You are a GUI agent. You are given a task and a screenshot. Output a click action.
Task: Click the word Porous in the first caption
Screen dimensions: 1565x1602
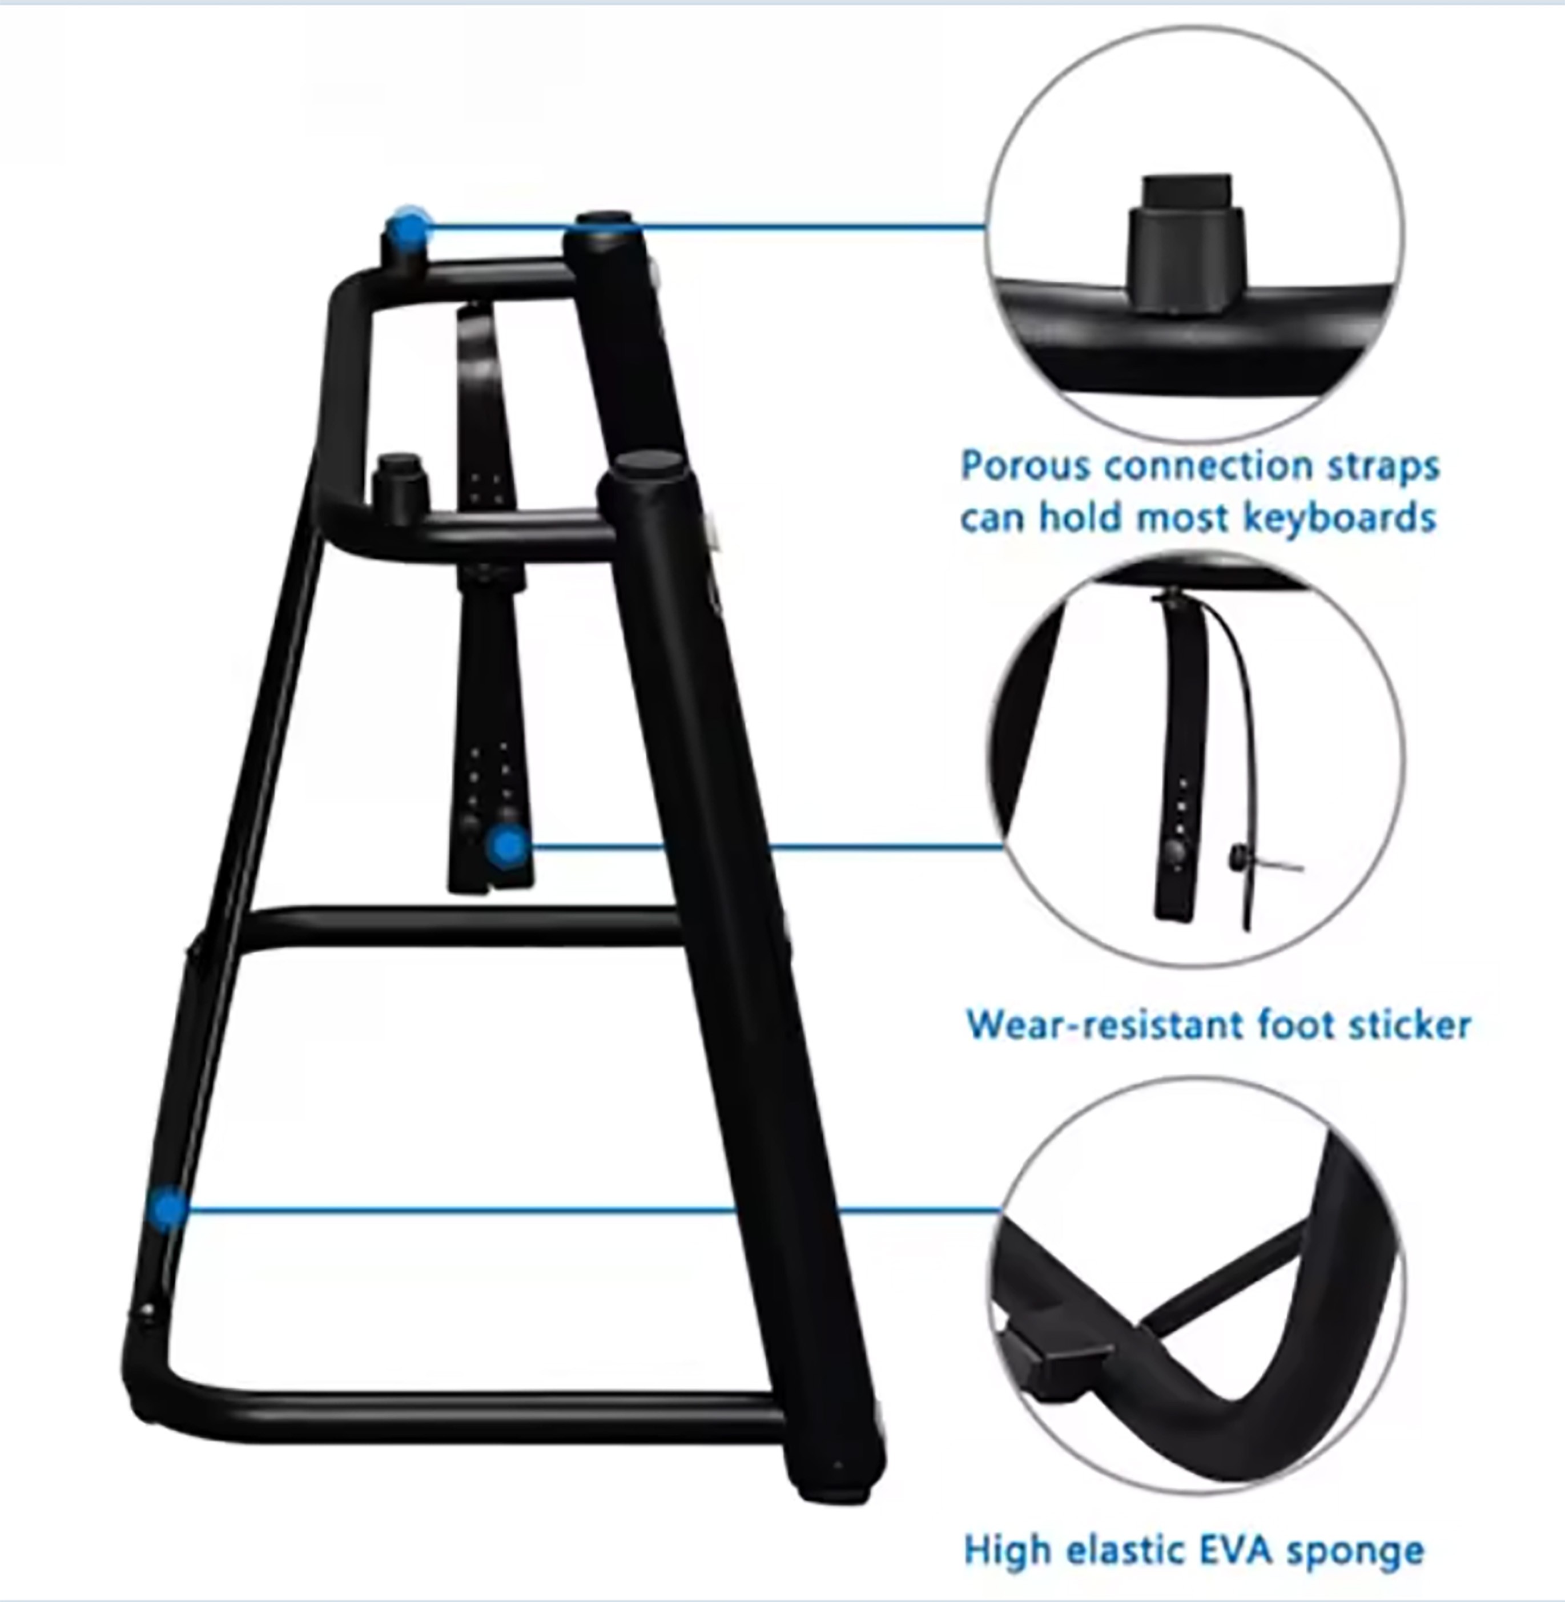coord(1027,466)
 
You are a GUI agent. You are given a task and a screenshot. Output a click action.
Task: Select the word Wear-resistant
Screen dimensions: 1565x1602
coord(1105,1025)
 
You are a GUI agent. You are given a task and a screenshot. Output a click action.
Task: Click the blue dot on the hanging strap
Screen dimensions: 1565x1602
coord(508,847)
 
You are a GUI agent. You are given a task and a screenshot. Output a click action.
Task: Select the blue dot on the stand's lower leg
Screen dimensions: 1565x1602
coord(168,1209)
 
